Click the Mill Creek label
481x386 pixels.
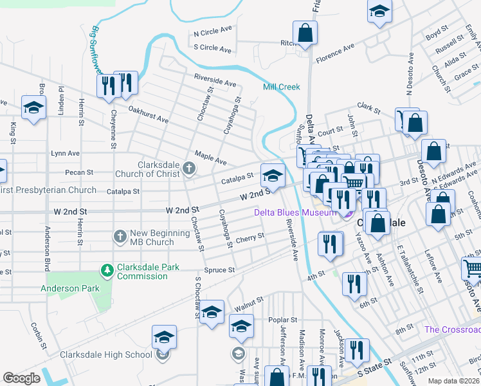click(281, 87)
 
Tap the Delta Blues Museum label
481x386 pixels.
click(295, 212)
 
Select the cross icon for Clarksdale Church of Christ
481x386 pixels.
click(188, 169)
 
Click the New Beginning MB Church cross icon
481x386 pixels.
click(120, 237)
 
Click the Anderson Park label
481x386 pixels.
click(70, 288)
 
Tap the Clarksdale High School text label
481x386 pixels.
click(106, 354)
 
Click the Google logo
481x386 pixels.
click(21, 378)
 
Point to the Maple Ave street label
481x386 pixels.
click(211, 157)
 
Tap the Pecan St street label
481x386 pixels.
click(79, 172)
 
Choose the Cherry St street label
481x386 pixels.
click(250, 237)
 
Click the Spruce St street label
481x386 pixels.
click(219, 270)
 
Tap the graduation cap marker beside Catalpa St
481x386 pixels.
click(273, 176)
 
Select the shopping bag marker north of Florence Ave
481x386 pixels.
click(305, 33)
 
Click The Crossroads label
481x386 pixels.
click(452, 329)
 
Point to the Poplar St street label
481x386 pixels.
click(284, 319)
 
